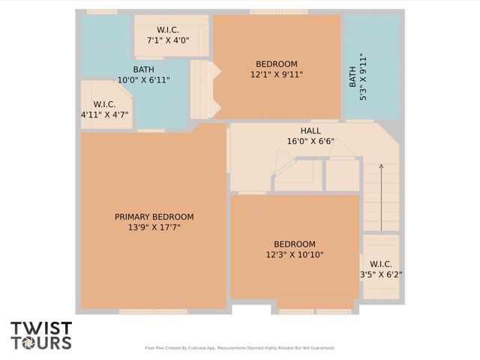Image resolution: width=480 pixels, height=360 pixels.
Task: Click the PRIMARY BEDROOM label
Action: (154, 217)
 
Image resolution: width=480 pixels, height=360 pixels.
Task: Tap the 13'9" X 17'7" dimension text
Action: (154, 227)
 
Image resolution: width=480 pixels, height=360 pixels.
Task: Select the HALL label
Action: (310, 130)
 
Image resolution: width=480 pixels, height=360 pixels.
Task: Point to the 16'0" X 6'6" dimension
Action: (310, 141)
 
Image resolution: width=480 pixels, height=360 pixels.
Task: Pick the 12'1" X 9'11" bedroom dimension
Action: (276, 74)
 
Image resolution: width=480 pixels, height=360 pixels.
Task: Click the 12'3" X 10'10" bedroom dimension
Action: (295, 255)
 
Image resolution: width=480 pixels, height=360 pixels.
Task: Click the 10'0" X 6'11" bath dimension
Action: (144, 79)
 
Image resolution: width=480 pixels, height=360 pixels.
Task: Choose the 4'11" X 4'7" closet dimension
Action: (104, 115)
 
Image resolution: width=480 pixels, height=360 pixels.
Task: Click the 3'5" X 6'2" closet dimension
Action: (381, 274)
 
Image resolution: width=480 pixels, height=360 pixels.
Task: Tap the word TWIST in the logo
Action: (41, 328)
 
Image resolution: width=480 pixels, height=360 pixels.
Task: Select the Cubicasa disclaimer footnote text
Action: (239, 348)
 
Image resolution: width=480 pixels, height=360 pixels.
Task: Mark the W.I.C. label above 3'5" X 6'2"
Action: (381, 264)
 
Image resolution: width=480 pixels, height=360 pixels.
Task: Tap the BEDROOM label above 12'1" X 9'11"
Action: (276, 64)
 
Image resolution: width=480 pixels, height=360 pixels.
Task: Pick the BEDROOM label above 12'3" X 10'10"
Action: (295, 244)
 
